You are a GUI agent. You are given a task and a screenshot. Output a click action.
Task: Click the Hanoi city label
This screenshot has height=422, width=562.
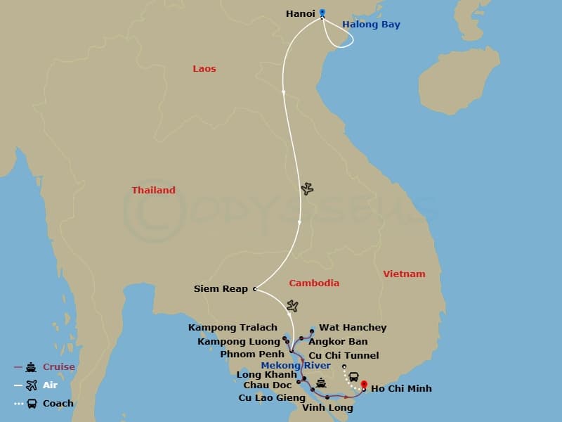300,13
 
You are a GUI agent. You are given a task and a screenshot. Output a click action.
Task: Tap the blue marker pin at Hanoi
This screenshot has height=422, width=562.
322,12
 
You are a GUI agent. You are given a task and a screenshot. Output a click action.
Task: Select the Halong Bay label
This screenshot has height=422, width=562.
371,25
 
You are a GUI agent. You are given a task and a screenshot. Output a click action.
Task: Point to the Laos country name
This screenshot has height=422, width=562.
204,69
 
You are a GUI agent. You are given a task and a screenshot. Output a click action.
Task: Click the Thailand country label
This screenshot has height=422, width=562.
153,191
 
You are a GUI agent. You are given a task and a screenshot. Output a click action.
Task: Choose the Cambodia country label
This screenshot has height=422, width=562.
314,283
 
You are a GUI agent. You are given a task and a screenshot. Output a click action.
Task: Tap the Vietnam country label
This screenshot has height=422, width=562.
404,274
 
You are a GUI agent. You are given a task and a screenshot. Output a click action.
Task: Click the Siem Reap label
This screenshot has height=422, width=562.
221,289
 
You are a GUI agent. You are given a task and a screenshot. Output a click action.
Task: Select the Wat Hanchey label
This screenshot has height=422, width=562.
353,328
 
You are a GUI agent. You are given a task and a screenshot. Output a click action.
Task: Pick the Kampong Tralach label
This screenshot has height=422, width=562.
233,328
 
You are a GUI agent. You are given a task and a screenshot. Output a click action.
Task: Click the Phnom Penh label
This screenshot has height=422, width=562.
252,354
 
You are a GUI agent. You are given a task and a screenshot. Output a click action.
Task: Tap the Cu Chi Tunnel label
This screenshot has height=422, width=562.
344,356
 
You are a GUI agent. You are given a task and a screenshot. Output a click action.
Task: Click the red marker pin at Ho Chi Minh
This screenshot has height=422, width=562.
364,385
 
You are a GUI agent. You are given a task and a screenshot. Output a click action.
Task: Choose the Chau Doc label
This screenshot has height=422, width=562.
268,385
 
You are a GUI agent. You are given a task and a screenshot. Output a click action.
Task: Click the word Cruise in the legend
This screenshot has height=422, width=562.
59,367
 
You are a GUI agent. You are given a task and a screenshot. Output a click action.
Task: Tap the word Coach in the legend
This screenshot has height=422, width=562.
58,404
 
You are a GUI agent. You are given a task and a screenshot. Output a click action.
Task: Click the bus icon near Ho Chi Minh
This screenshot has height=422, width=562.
353,377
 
